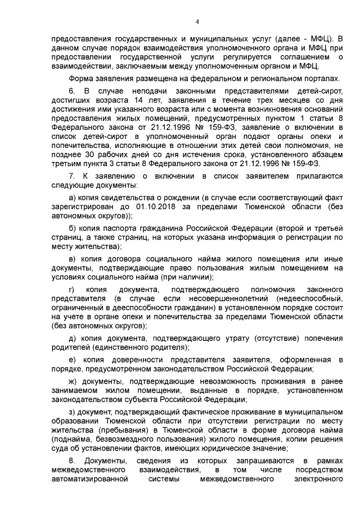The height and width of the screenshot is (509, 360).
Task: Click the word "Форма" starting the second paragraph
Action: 81,78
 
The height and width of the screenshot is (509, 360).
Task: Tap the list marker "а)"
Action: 72,198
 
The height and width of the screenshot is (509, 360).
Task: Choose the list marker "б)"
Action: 72,228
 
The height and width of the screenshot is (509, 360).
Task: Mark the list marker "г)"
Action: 71,289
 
